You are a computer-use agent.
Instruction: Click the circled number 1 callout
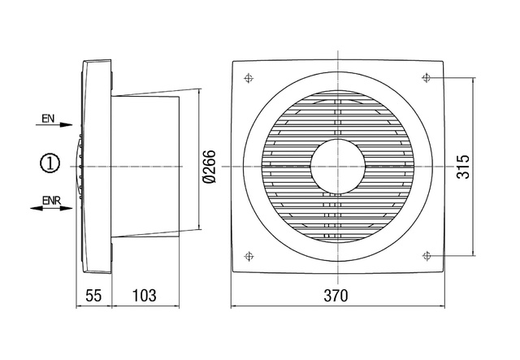pyautogui.click(x=51, y=163)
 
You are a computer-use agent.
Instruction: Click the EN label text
pyautogui.click(x=49, y=119)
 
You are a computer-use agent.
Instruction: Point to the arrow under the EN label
pyautogui.click(x=57, y=129)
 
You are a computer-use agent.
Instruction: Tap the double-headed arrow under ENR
pyautogui.click(x=50, y=209)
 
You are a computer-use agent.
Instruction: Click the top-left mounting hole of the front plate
pyautogui.click(x=247, y=79)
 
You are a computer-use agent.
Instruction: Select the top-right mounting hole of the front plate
pyautogui.click(x=428, y=78)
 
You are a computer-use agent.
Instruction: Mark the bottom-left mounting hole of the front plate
pyautogui.click(x=247, y=256)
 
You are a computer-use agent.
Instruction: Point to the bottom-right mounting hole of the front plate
pyautogui.click(x=428, y=256)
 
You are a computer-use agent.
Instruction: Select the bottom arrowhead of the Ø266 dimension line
pyautogui.click(x=201, y=229)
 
